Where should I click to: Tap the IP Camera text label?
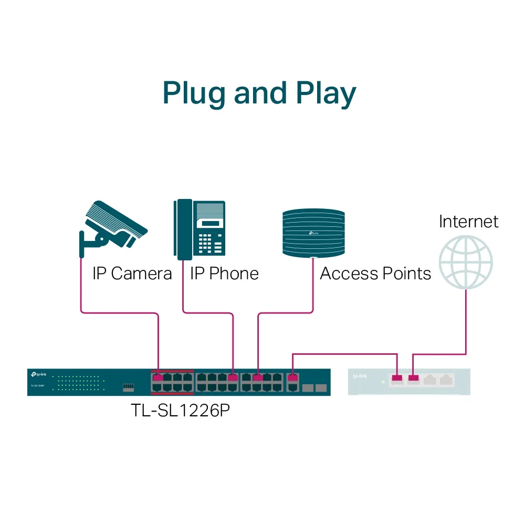[132, 274]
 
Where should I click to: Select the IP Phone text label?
[224, 274]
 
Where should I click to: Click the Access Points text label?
[375, 274]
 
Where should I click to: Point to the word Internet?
[468, 221]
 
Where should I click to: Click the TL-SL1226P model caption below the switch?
[180, 410]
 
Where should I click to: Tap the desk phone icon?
[200, 229]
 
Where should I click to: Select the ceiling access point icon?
[313, 233]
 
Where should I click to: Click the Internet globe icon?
[466, 261]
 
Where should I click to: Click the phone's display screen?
[209, 223]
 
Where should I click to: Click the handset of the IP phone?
[183, 229]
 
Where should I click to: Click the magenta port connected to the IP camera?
[157, 377]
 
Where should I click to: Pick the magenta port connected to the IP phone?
[233, 377]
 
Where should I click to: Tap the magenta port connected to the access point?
[258, 377]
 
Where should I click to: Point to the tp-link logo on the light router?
[360, 376]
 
